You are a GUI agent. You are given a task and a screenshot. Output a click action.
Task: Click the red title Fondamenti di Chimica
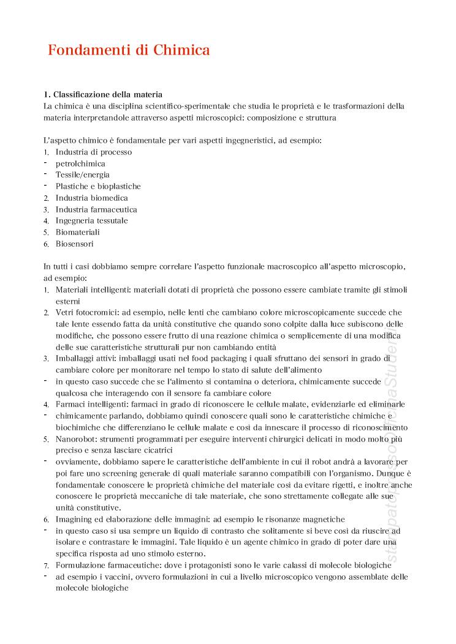(x=129, y=50)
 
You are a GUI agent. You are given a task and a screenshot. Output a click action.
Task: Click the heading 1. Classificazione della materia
(x=102, y=94)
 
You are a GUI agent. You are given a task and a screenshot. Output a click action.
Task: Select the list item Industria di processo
(x=94, y=152)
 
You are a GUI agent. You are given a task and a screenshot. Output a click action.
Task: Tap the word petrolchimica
(x=80, y=163)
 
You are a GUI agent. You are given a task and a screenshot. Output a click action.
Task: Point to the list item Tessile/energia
(x=83, y=174)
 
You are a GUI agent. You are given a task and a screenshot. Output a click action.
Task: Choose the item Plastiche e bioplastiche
(x=98, y=186)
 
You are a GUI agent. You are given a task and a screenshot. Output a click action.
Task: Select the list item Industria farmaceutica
(x=96, y=209)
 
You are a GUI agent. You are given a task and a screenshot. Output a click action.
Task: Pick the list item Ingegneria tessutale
(x=92, y=220)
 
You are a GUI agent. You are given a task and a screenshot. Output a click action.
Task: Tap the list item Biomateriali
(x=78, y=232)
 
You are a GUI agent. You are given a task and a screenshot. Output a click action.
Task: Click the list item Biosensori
(x=75, y=244)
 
